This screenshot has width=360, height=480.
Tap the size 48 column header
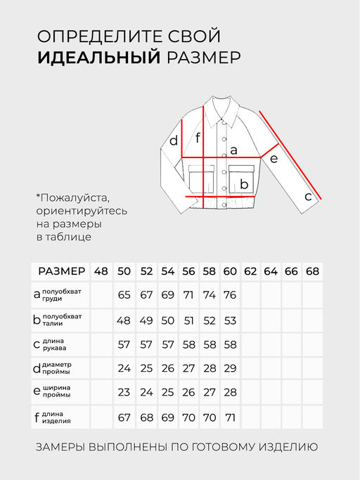point(101,271)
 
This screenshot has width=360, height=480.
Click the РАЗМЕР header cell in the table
point(62,271)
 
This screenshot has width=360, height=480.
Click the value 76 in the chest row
point(230,294)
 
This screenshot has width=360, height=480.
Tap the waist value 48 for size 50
point(124,320)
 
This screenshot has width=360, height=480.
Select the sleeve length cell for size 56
point(188,345)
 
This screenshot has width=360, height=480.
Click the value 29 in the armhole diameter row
point(230,368)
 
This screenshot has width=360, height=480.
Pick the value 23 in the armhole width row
point(124,392)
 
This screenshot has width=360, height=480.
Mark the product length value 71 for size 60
point(230,417)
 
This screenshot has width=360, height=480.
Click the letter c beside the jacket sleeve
point(308,197)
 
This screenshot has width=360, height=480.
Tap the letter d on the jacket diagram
point(174,141)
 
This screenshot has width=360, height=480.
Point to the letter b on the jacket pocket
point(245,185)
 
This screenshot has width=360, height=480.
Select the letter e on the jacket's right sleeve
point(274,159)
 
